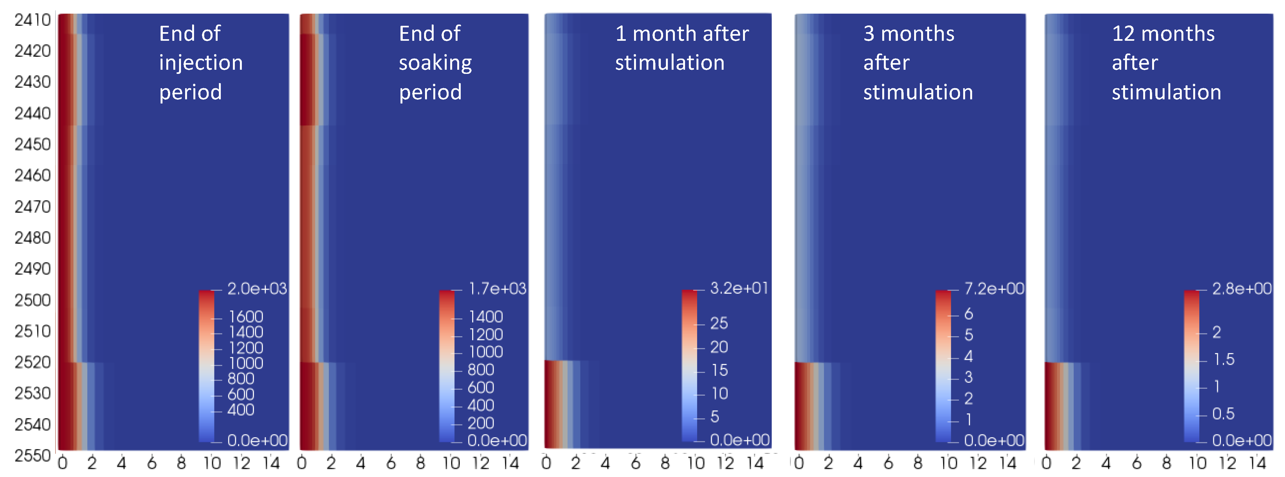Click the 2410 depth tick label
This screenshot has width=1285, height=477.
tap(32, 20)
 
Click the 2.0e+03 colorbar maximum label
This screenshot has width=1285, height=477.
tap(257, 288)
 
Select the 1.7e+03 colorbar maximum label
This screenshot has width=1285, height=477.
tap(497, 288)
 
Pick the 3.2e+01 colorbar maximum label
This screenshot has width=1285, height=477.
tap(739, 288)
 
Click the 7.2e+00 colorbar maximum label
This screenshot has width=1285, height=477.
tap(994, 288)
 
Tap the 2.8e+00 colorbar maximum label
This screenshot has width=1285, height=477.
tap(1242, 288)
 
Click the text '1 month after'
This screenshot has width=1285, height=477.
tap(682, 34)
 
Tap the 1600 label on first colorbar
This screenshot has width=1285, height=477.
tap(245, 317)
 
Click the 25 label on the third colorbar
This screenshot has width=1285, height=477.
tap(719, 323)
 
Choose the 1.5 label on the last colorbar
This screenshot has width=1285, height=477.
tap(1223, 360)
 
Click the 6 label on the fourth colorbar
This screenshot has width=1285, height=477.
tap(968, 314)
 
